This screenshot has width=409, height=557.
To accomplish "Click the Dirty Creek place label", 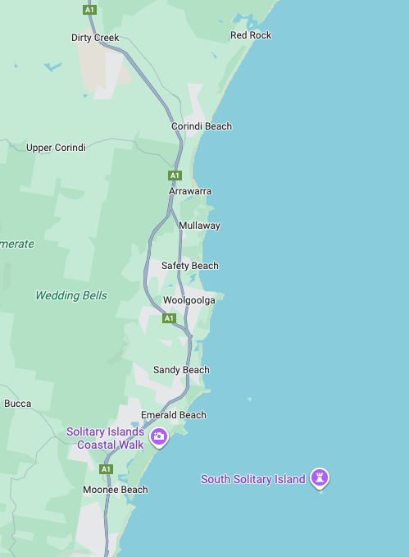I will pos(95,38).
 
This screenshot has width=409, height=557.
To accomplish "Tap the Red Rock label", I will pos(251,35).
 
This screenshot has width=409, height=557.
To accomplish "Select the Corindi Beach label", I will pos(202,126).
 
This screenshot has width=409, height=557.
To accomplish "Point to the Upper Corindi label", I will pos(56,148).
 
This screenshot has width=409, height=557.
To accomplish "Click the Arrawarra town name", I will pos(190,191).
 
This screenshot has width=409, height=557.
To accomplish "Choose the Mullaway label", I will pos(199,226).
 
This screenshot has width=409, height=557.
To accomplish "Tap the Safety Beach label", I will pos(190,266).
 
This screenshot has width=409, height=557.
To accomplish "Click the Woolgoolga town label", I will pos(189,300).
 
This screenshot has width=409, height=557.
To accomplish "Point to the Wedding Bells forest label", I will pos(71,295).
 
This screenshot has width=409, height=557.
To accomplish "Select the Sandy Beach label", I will pos(181,370).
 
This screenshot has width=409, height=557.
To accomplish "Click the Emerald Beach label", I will pos(174,415).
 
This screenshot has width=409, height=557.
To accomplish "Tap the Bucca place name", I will pos(18,404).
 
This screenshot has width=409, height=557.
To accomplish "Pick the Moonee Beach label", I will pos(116,490).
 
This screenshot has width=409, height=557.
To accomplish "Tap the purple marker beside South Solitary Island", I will pos(320,477).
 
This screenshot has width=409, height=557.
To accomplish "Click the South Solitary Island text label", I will pos(252,479).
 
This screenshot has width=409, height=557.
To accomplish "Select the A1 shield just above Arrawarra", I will pos(174,176).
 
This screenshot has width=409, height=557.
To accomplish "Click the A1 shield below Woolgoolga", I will pos(169,317).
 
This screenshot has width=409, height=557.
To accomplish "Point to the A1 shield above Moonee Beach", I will pos(105,468).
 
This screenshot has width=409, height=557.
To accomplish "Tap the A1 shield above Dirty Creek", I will pos(89,9).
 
